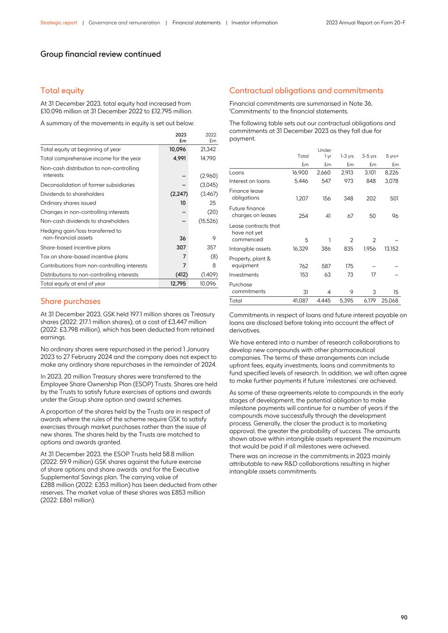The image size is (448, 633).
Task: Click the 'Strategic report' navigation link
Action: tap(58, 23)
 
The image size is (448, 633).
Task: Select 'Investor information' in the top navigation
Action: tap(254, 23)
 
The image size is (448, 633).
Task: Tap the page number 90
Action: tap(404, 617)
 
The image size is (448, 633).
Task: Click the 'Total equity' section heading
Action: tap(62, 90)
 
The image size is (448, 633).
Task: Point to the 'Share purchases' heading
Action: tap(70, 301)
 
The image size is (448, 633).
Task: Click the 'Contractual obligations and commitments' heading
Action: tap(306, 90)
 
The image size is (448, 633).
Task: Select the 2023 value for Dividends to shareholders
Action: tap(179, 194)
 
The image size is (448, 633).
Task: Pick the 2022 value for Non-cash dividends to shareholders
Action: tap(208, 221)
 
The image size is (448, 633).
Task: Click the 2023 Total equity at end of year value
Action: tap(178, 283)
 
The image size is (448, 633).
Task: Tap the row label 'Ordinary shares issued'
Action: tap(68, 203)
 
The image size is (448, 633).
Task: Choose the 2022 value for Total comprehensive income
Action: tap(208, 158)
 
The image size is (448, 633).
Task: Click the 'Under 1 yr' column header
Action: tap(325, 153)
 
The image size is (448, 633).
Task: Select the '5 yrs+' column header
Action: tap(392, 156)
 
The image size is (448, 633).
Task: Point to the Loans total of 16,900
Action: tap(300, 173)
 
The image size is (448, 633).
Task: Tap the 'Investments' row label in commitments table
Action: tap(244, 275)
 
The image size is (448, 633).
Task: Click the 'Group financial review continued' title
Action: tap(101, 54)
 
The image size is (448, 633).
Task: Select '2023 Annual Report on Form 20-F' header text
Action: tap(365, 23)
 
